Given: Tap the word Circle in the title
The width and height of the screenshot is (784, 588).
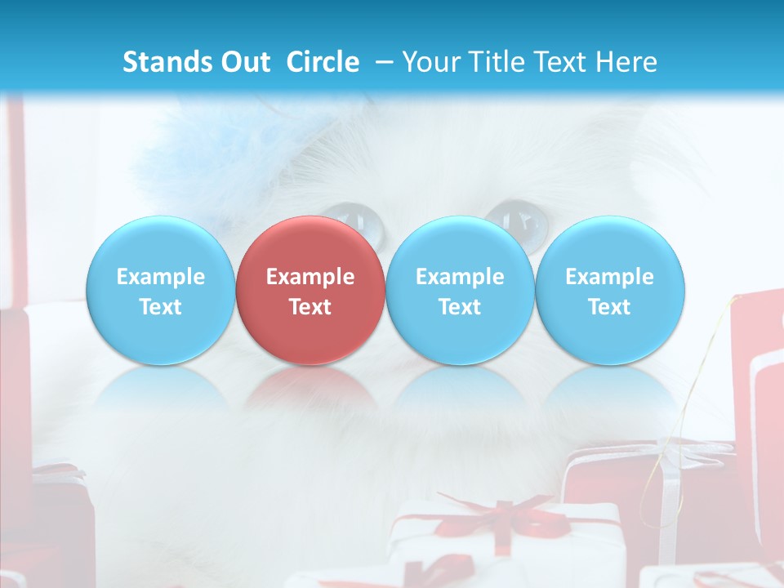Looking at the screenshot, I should [x=323, y=62].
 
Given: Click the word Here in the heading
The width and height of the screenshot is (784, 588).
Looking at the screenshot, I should [x=625, y=62].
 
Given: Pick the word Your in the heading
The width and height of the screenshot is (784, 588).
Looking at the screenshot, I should [x=430, y=62].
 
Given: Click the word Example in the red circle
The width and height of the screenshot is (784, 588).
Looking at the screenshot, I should [x=310, y=277].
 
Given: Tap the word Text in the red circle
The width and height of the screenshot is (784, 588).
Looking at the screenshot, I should [x=310, y=307].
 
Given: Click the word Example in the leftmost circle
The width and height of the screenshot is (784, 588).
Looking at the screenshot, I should [x=161, y=277].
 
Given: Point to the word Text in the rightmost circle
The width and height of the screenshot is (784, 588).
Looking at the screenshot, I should [x=609, y=307].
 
